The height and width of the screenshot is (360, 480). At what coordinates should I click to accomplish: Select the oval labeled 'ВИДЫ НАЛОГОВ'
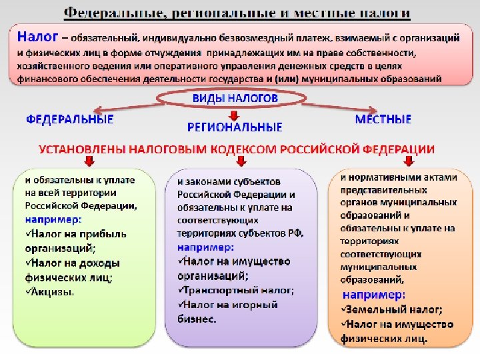click(x=235, y=99)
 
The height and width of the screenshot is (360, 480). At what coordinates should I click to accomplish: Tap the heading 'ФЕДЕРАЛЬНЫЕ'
click(x=69, y=120)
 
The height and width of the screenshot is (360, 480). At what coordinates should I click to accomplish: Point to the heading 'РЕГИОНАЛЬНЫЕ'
click(x=235, y=127)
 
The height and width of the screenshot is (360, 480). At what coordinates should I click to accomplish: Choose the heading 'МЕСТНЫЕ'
click(x=383, y=120)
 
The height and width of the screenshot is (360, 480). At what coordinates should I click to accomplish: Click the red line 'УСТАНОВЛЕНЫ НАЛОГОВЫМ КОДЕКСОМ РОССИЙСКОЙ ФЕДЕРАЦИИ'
click(x=237, y=149)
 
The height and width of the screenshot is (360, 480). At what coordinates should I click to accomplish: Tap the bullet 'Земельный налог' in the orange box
click(x=393, y=309)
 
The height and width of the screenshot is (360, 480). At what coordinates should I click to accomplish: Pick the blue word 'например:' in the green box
click(x=54, y=219)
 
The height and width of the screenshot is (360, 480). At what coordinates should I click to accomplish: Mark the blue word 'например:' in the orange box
click(x=373, y=295)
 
